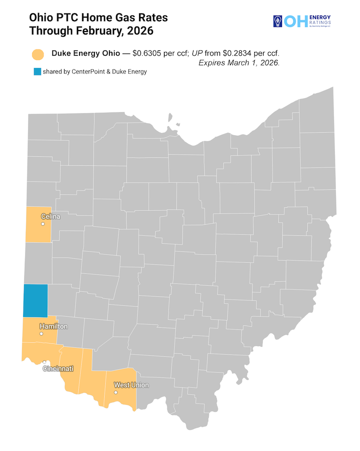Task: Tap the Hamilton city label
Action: point(53,326)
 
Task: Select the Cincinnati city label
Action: point(58,368)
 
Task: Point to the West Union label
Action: point(131,385)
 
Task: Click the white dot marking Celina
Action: point(42,223)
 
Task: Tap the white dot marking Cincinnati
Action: point(44,362)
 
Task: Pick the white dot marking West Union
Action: point(115,392)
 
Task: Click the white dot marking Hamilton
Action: point(41,332)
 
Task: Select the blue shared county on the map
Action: point(35,300)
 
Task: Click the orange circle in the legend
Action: point(38,54)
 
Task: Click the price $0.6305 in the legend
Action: point(149,53)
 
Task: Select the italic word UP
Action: point(197,53)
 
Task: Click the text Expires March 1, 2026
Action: point(239,63)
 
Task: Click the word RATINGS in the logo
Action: point(319,22)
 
